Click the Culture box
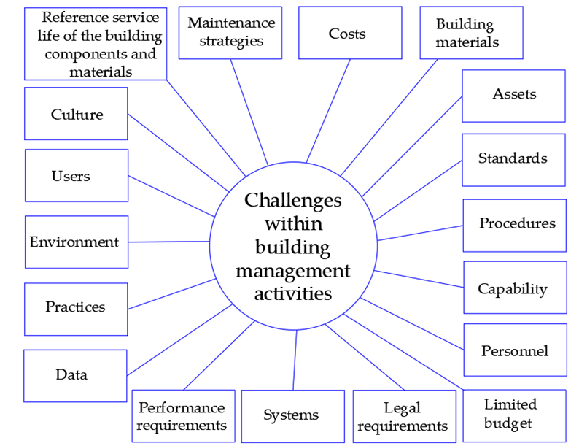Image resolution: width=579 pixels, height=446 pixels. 76,114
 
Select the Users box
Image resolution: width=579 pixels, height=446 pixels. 76,176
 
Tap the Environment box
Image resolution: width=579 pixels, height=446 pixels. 76,242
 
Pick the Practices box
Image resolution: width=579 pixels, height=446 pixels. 76,308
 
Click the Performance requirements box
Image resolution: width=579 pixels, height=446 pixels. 182,416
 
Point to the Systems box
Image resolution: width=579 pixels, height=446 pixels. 292,416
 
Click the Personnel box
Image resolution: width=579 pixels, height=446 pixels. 515,350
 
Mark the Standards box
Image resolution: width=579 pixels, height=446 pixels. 513,159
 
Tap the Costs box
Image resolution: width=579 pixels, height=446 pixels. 349,33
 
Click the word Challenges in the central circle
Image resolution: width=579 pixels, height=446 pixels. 292,200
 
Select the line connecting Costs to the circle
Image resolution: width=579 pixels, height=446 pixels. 329,109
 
